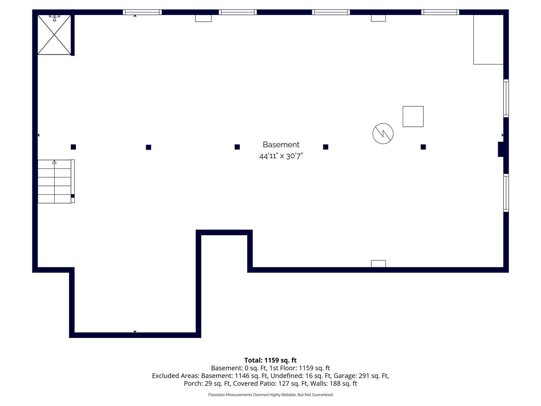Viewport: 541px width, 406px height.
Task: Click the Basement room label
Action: [x=281, y=144]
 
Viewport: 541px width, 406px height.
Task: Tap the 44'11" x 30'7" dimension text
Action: [x=281, y=156]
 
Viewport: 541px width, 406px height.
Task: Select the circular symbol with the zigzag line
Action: [x=383, y=133]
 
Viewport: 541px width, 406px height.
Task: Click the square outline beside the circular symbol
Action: [x=413, y=117]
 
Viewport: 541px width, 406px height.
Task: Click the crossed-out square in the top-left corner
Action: [x=54, y=35]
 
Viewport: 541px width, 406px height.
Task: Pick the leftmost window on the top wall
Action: [x=142, y=12]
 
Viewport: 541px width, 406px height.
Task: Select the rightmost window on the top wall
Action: [x=440, y=12]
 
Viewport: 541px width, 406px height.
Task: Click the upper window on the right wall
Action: [x=506, y=98]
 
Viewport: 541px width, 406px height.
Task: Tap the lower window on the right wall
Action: [x=506, y=193]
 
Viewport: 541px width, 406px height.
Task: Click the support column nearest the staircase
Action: [x=73, y=147]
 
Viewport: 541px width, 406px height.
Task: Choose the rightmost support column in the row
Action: [x=423, y=147]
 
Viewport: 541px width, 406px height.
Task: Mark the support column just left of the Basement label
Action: [x=237, y=147]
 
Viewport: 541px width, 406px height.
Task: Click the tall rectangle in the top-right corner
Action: [x=488, y=40]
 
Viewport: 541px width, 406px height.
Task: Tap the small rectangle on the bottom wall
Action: [x=378, y=264]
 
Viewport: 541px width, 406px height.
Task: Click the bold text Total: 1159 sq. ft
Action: [x=270, y=360]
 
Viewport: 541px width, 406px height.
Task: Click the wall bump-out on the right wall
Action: [x=500, y=149]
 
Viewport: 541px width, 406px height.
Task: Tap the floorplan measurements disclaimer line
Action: [x=270, y=395]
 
